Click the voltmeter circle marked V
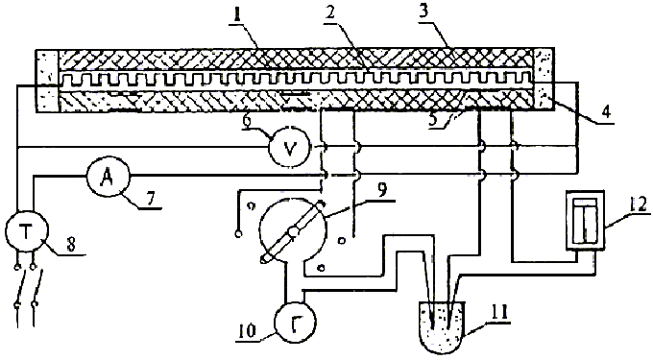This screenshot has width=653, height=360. tap(289, 147)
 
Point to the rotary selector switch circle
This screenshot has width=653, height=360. tap(292, 231)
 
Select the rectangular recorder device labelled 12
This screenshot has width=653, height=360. tap(586, 221)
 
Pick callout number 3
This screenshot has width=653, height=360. tap(423, 12)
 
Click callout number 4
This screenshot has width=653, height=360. tap(606, 111)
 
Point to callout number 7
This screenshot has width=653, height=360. tap(150, 198)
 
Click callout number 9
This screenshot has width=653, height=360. tap(382, 189)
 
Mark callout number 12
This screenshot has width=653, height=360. tap(639, 204)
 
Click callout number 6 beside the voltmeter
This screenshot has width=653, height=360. tap(248, 121)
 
